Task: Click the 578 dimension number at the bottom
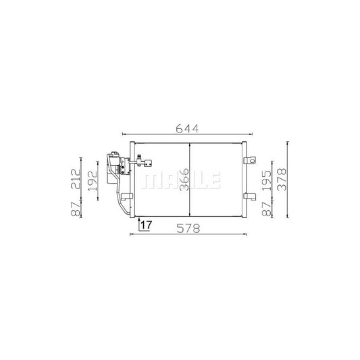click(187, 228)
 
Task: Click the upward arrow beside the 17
click(138, 224)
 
